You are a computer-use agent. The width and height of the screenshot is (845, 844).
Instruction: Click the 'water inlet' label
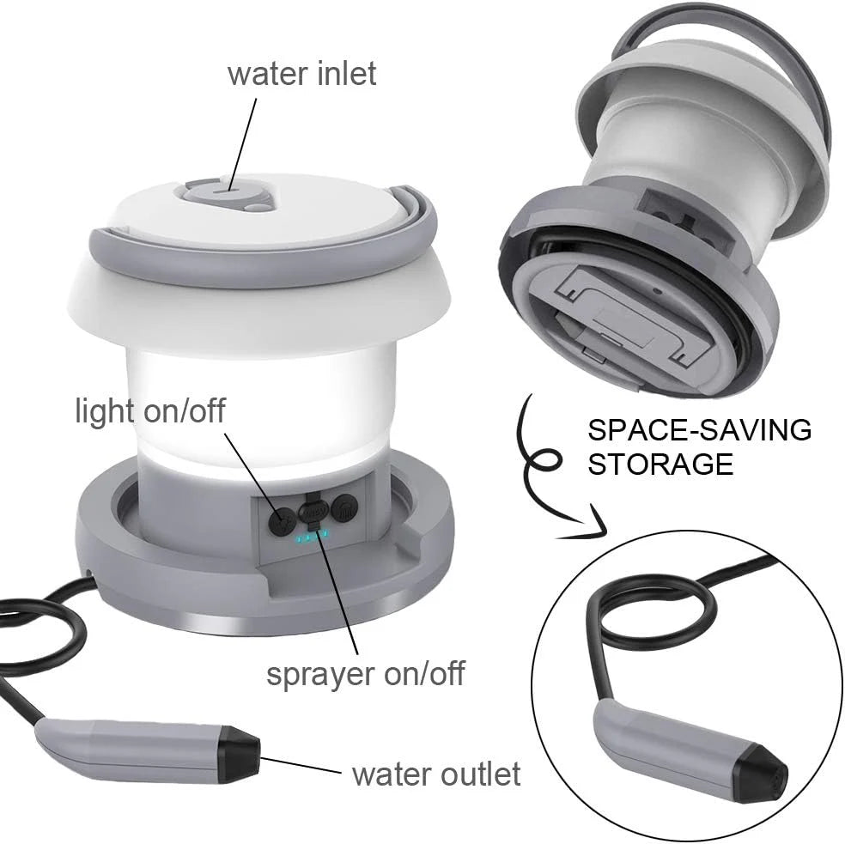(x=301, y=73)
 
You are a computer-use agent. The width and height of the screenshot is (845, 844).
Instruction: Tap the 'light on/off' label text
(x=150, y=410)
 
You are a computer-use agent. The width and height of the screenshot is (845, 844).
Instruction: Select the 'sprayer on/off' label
(x=365, y=672)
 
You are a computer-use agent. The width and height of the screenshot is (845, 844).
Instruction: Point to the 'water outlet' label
(x=436, y=774)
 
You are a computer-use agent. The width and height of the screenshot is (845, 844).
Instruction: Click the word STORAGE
(x=661, y=464)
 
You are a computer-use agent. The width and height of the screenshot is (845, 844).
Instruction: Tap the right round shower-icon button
(x=343, y=510)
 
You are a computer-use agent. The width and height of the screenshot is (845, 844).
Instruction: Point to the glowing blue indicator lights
(x=311, y=538)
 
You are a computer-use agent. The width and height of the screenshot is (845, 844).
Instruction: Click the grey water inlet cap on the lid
(x=227, y=190)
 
